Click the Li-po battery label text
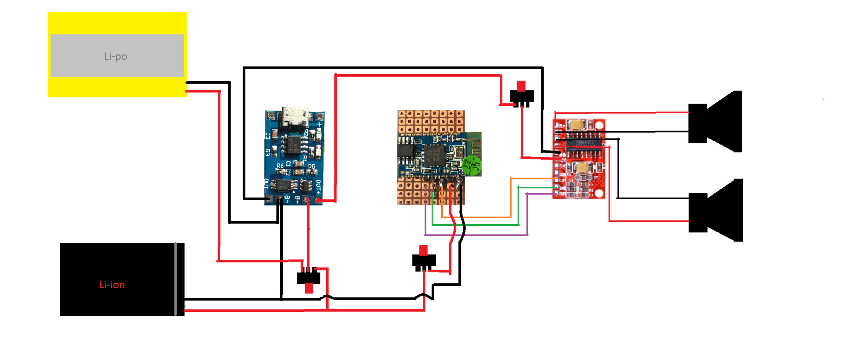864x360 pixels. tap(116, 56)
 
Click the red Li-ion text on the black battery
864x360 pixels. tap(112, 285)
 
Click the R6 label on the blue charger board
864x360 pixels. tap(280, 166)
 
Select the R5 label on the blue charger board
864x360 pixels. tap(312, 166)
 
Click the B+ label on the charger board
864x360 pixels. tap(297, 199)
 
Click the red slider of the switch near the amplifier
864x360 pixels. tap(521, 86)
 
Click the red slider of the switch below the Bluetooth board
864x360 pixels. tap(423, 250)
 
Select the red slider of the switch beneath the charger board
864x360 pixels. tap(309, 288)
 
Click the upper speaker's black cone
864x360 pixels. tap(724, 121)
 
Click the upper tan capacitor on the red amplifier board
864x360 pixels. tap(577, 125)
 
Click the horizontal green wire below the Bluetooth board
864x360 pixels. tap(475, 225)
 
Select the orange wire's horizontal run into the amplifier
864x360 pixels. tap(533, 179)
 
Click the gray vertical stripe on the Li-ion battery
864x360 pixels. tap(175, 279)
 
